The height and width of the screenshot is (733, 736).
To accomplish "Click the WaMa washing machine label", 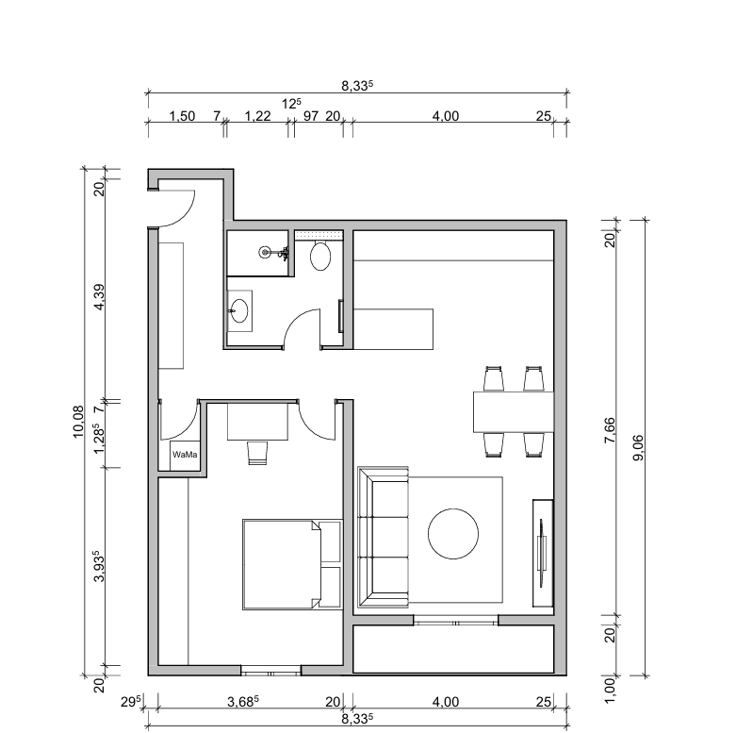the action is (185, 455).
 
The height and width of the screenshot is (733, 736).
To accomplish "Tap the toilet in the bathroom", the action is (320, 256).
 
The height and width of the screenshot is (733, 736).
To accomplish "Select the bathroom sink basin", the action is (239, 310).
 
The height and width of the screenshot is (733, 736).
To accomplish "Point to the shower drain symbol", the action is (265, 252).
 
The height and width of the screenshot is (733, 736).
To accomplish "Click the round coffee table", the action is (453, 534).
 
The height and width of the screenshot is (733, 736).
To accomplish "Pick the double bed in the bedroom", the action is (292, 564).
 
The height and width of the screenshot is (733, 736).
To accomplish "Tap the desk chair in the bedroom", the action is (257, 453).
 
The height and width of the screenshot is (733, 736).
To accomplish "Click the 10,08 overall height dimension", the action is (78, 422).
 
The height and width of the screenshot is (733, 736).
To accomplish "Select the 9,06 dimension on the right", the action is (638, 448).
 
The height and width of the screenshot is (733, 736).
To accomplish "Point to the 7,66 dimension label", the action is (610, 430).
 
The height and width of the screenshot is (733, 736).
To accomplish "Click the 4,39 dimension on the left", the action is (99, 297).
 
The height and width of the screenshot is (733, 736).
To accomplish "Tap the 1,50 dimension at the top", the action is (182, 116).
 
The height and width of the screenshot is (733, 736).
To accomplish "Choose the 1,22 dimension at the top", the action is (257, 116).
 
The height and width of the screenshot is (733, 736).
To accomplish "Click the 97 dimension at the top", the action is (311, 116).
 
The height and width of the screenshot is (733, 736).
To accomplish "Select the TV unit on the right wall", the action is (543, 553).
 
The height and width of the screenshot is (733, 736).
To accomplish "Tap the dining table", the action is (514, 411).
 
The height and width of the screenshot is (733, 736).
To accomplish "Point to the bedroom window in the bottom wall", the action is (270, 671).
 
